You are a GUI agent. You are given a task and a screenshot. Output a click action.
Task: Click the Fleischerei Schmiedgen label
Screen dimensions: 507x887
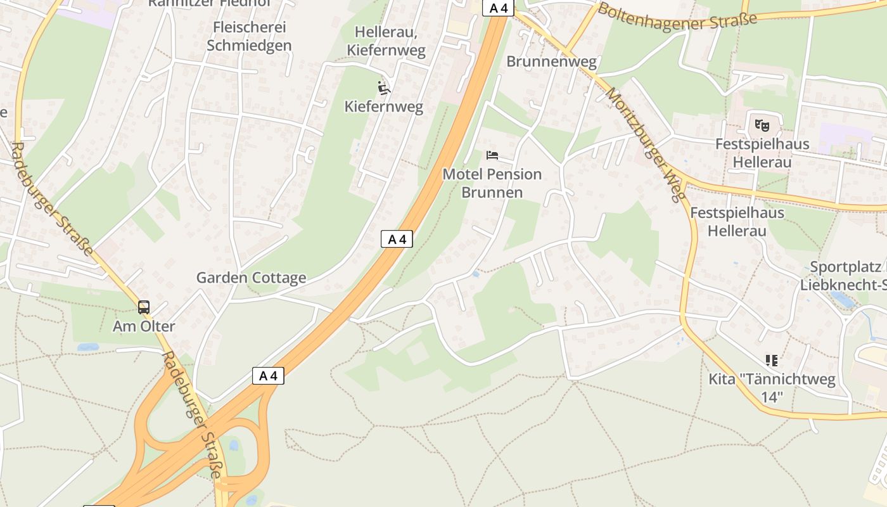(x=249, y=36)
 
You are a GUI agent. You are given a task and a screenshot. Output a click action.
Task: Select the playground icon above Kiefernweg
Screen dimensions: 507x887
(x=383, y=87)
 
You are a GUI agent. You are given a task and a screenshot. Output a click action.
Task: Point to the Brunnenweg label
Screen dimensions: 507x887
(x=551, y=61)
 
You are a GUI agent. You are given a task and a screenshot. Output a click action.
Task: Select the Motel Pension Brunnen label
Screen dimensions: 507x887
(x=492, y=183)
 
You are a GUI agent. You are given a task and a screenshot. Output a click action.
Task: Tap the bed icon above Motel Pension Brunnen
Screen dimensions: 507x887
(x=492, y=155)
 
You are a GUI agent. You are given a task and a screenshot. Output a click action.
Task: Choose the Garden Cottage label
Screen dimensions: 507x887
(x=251, y=278)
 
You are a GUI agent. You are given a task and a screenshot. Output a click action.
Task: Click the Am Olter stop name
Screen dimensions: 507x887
(x=144, y=326)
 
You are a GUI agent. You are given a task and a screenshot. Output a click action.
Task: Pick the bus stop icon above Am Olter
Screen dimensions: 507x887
(x=144, y=307)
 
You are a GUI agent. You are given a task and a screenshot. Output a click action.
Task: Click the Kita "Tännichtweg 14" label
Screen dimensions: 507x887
(x=772, y=388)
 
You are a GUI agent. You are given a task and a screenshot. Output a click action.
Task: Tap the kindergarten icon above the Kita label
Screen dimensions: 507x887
(x=771, y=361)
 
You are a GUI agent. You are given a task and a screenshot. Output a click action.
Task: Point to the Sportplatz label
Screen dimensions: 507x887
(x=845, y=267)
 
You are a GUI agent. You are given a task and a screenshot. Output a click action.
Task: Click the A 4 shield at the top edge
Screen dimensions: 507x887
(x=498, y=8)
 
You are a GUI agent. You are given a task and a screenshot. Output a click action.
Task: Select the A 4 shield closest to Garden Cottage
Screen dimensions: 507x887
(x=397, y=239)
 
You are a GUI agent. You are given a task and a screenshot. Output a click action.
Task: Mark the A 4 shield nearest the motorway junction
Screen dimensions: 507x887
(x=268, y=375)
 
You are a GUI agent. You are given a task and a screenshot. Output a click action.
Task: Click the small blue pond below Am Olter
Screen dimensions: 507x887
(x=88, y=347)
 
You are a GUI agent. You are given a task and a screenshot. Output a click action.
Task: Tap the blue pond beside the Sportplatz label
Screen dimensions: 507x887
(x=841, y=299)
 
